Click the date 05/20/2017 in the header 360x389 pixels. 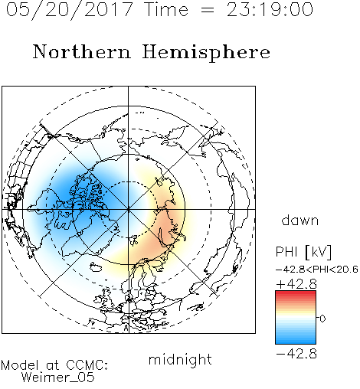point(70,10)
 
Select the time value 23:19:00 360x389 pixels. point(270,9)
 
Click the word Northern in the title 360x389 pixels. point(81,51)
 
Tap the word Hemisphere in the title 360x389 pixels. point(206,53)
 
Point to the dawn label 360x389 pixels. point(300,220)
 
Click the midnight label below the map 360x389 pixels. point(180,360)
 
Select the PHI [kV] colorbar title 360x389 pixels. point(303,252)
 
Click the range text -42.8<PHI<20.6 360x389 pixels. point(317,270)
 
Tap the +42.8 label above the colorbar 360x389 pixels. point(296,284)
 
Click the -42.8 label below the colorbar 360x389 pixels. point(296,354)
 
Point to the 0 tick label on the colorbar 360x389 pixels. point(322,319)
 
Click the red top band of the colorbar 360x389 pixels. point(296,293)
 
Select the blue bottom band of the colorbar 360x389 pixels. point(296,341)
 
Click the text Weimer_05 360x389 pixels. point(57,378)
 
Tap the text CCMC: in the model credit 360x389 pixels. point(87,365)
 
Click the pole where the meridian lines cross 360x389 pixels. point(129,209)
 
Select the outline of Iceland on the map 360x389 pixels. point(96,267)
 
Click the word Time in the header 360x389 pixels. point(166,9)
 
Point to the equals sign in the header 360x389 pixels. point(208,10)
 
